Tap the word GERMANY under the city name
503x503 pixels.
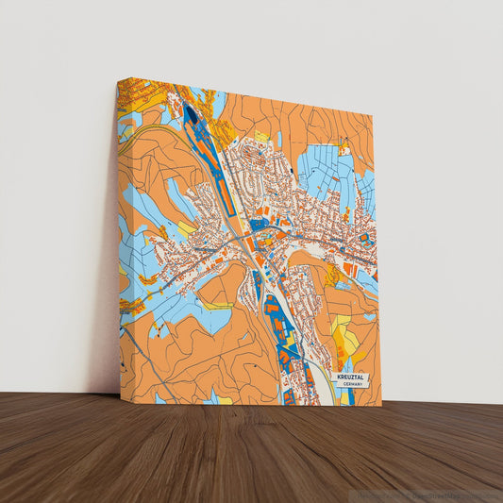[353, 384]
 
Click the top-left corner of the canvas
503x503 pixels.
[118, 79]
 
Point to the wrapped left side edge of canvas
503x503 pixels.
[120, 236]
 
